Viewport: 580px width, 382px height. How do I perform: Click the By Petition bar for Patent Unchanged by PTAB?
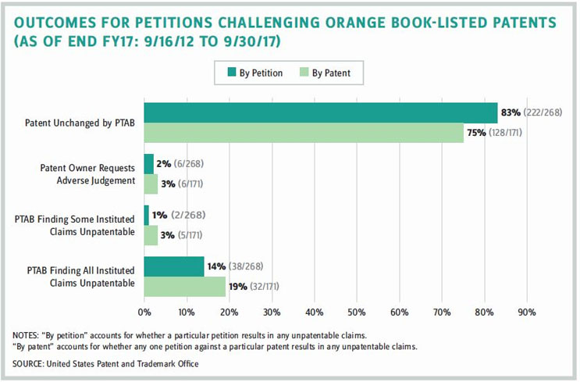coord(320,113)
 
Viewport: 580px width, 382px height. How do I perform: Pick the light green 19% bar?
coord(184,287)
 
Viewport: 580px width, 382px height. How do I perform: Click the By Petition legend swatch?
coord(232,73)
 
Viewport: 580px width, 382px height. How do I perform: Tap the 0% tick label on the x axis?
coord(144,312)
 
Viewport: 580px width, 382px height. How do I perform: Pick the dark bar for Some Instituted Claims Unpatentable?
coord(147,216)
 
